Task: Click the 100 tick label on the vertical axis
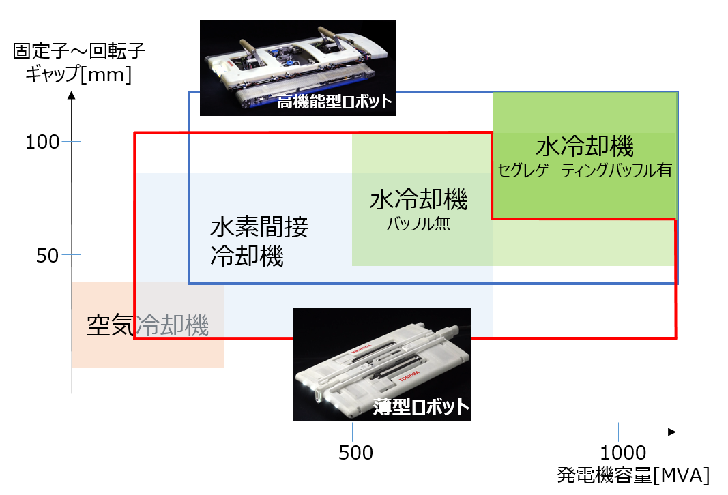coord(43,142)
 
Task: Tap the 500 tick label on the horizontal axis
coord(353,453)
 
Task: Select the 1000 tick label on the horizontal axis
coord(624,453)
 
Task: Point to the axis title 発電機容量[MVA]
coord(633,475)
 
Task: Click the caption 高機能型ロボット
coord(334,103)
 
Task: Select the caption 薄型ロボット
coord(422,407)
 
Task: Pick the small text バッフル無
coord(418,224)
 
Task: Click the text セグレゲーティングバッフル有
coord(585,170)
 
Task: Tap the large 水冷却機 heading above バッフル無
coord(418,200)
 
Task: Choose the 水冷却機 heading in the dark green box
coord(585,147)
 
